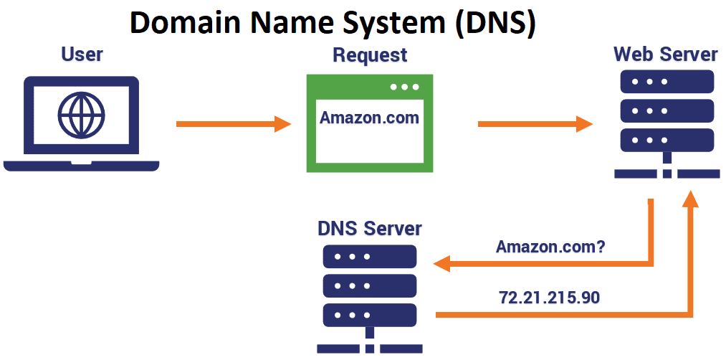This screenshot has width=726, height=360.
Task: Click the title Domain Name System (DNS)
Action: pyautogui.click(x=333, y=23)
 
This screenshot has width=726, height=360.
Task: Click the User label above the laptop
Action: pyautogui.click(x=82, y=54)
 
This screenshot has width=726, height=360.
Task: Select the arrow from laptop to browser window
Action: pyautogui.click(x=233, y=124)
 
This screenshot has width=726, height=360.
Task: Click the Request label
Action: pyautogui.click(x=370, y=55)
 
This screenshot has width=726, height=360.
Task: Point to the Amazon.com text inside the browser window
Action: pyautogui.click(x=369, y=118)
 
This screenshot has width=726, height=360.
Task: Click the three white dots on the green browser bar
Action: pyautogui.click(x=404, y=87)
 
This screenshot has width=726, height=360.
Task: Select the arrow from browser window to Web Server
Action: pyautogui.click(x=535, y=124)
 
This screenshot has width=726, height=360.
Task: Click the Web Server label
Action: pyautogui.click(x=665, y=55)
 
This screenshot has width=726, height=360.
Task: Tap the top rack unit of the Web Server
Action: pyautogui.click(x=666, y=82)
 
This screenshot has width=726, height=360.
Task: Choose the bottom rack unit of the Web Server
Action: pyautogui.click(x=666, y=139)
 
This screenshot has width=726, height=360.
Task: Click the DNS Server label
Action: pyautogui.click(x=370, y=229)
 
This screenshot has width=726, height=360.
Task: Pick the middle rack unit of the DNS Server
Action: pyautogui.click(x=370, y=285)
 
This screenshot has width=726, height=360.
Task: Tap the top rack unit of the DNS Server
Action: pyautogui.click(x=370, y=257)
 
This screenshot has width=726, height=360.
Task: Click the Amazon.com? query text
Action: pyautogui.click(x=550, y=247)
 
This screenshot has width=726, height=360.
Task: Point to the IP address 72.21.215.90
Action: pyautogui.click(x=550, y=296)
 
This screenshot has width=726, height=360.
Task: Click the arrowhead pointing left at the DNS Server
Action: pyautogui.click(x=441, y=265)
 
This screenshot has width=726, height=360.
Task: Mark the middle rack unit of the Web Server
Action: pyautogui.click(x=666, y=110)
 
